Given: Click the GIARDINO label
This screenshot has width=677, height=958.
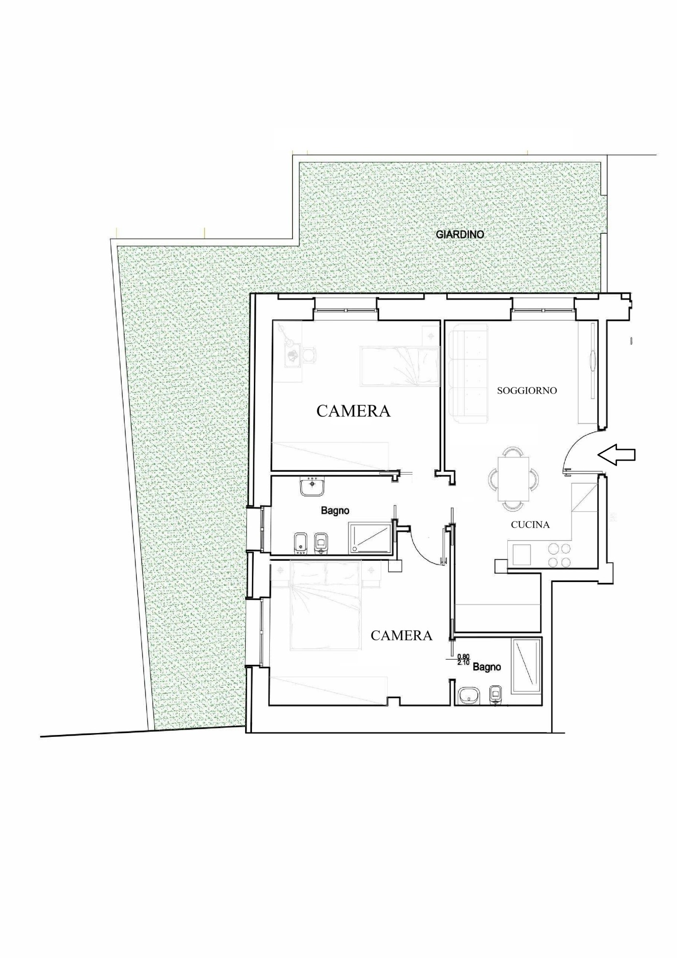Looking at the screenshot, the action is (x=460, y=234).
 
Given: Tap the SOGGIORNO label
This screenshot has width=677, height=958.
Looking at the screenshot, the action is (x=527, y=390).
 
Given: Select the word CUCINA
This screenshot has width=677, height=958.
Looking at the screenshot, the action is (x=530, y=524).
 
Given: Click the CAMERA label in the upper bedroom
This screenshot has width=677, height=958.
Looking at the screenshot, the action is (x=353, y=411).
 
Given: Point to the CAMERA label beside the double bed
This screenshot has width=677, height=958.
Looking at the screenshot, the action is (x=401, y=635).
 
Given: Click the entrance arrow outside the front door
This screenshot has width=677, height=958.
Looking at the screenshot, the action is (x=616, y=454).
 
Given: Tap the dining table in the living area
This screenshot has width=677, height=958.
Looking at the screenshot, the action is (x=513, y=479).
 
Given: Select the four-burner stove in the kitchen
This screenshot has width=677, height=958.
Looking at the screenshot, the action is (x=559, y=555).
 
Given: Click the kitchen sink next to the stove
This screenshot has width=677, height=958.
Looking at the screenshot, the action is (x=522, y=554).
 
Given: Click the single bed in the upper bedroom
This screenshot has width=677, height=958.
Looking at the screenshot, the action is (x=400, y=366).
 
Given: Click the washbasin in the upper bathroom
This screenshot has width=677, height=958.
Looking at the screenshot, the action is (x=312, y=486).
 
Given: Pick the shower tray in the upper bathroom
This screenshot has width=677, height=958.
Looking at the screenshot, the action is (x=370, y=537).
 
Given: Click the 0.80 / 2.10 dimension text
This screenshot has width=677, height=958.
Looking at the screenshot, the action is (x=463, y=659).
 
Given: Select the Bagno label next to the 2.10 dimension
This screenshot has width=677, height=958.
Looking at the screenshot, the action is (x=486, y=667).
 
